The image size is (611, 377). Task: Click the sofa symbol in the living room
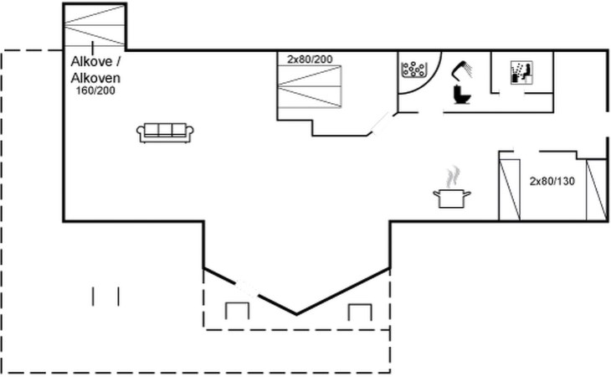pyautogui.click(x=165, y=133)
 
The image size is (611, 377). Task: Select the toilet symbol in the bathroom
pyautogui.click(x=462, y=95)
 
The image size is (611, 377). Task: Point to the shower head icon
pyautogui.click(x=462, y=70)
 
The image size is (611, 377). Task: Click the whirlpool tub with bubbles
pyautogui.click(x=413, y=69)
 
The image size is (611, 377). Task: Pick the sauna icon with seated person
pyautogui.click(x=521, y=73)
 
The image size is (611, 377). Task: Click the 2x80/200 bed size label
pyautogui.click(x=310, y=59)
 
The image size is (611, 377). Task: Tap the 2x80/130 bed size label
pyautogui.click(x=552, y=181)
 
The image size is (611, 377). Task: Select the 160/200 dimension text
pyautogui.click(x=95, y=90)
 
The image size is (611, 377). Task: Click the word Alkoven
pyautogui.click(x=95, y=78)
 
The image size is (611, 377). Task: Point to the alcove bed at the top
pyautogui.click(x=94, y=26)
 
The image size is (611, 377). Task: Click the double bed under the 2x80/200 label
pyautogui.click(x=310, y=86)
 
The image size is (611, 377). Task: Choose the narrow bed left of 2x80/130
pyautogui.click(x=510, y=190)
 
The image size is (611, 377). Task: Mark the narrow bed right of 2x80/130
pyautogui.click(x=596, y=190)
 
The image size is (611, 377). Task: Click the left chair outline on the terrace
pyautogui.click(x=237, y=311)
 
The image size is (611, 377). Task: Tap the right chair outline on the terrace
pyautogui.click(x=360, y=312)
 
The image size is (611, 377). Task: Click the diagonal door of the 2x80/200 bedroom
pyautogui.click(x=380, y=122)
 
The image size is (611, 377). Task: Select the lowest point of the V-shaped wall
pyautogui.click(x=296, y=314)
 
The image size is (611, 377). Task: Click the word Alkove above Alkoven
pyautogui.click(x=92, y=62)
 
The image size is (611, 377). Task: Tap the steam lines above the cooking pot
pyautogui.click(x=453, y=177)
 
